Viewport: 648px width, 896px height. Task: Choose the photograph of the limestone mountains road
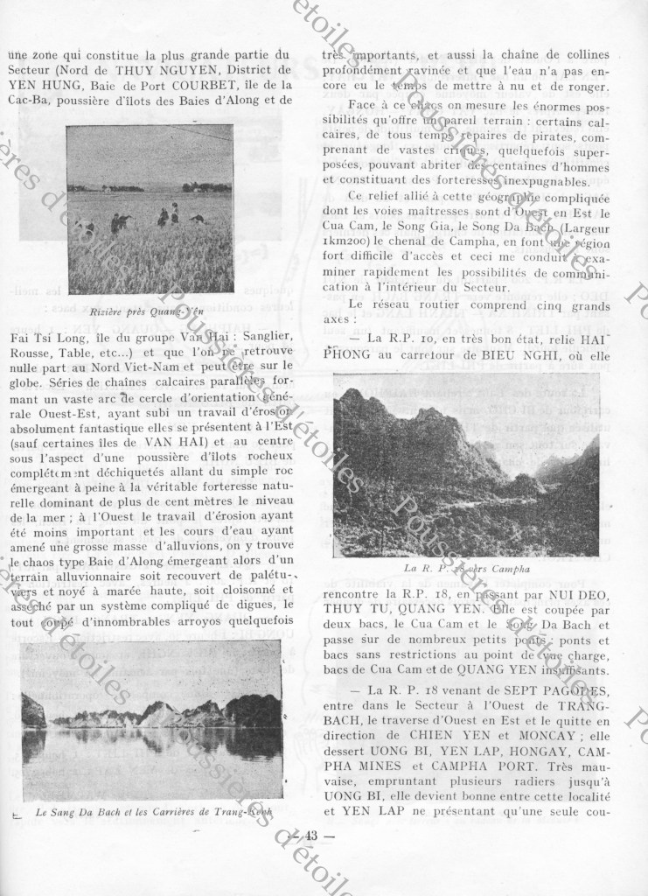click(466, 465)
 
